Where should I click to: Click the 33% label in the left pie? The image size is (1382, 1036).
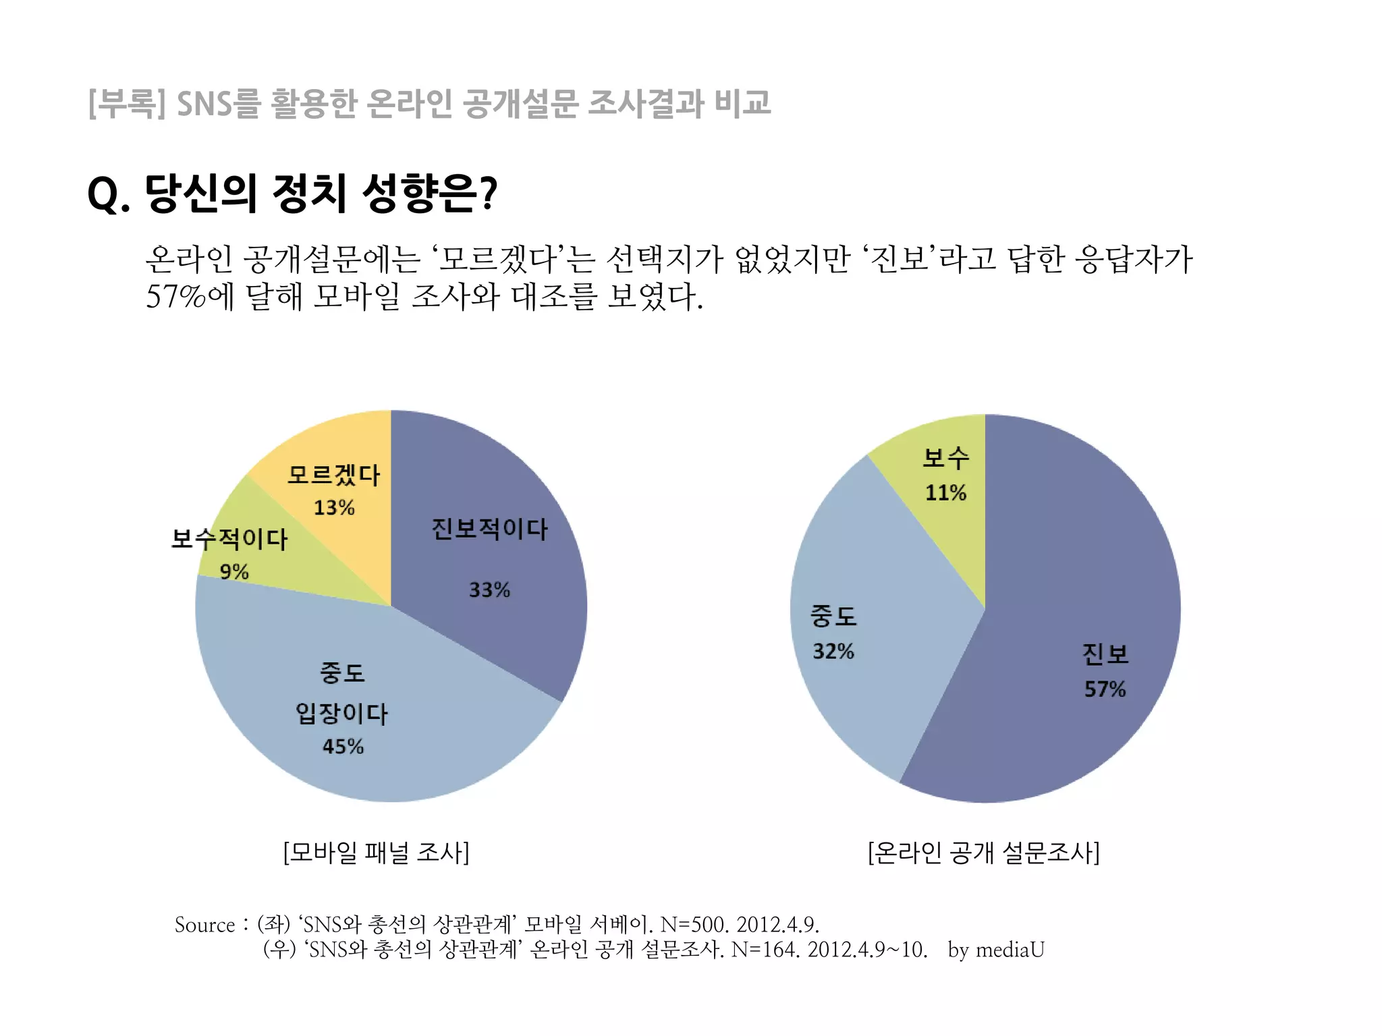click(489, 590)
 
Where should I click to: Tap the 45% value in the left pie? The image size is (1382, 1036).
click(343, 747)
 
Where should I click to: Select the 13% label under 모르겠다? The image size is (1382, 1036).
click(334, 508)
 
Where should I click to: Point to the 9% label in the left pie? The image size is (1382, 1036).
click(234, 572)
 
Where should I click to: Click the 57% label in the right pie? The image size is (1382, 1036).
click(1105, 689)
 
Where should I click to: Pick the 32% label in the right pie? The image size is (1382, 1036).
click(833, 652)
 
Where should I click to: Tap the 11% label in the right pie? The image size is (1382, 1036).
click(945, 493)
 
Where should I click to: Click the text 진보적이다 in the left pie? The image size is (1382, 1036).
click(489, 529)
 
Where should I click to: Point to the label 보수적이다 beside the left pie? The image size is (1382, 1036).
click(229, 539)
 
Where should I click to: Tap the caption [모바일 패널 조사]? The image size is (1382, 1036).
click(376, 853)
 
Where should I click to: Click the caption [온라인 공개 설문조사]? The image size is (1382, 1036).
click(983, 853)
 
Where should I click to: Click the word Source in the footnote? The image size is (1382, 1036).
click(204, 925)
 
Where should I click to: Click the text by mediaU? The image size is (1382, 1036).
click(995, 950)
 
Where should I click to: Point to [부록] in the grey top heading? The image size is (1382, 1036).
click(127, 103)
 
